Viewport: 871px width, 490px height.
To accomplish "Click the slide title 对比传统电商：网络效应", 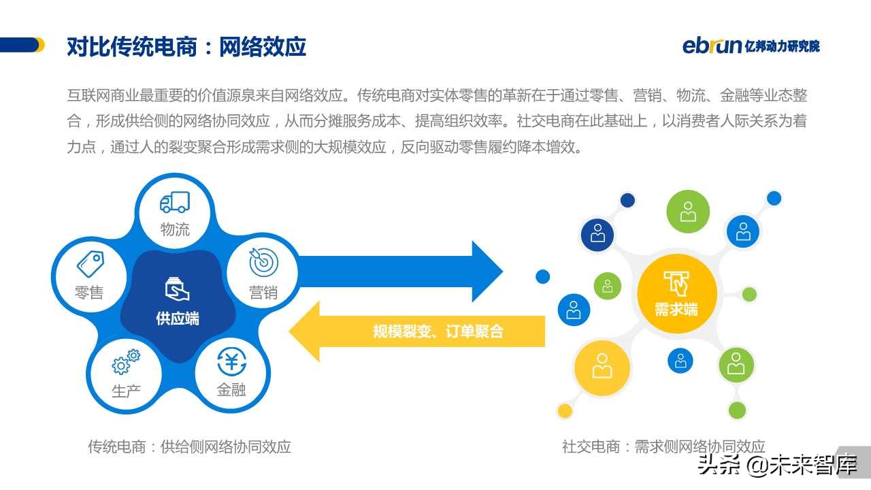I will [186, 46].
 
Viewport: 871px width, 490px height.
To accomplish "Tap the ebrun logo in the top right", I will [751, 46].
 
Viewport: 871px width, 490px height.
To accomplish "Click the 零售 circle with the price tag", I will [89, 276].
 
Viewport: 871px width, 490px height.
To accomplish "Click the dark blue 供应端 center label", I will [178, 318].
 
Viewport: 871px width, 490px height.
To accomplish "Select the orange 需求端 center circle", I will [676, 293].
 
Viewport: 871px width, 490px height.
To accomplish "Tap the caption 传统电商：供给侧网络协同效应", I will [189, 446].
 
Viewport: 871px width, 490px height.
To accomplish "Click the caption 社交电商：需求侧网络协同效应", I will [663, 446].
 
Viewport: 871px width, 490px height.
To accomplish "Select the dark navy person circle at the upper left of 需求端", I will [597, 234].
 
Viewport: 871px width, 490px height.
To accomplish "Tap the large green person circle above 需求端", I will [688, 212].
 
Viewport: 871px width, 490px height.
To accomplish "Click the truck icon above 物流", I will [174, 202].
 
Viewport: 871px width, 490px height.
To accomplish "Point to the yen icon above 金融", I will [231, 361].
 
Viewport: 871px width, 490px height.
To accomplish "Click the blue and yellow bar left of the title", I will [22, 45].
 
